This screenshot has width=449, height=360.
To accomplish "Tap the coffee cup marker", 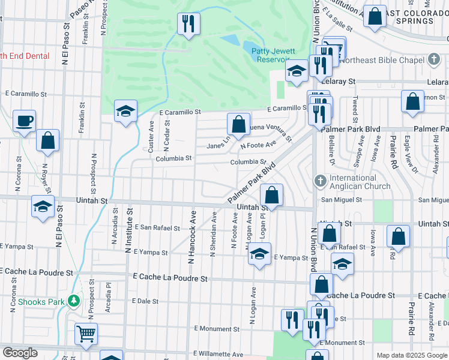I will pyautogui.click(x=24, y=121).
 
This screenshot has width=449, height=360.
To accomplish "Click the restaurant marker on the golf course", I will pyautogui.click(x=188, y=23).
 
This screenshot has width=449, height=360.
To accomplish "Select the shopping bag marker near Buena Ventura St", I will pyautogui.click(x=238, y=124).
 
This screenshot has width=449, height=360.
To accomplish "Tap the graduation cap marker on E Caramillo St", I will pyautogui.click(x=126, y=111).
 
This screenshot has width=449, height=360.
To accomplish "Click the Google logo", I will pyautogui.click(x=20, y=353).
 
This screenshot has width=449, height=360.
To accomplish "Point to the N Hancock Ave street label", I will pyautogui.click(x=193, y=236).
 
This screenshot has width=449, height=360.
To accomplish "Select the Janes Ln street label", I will pyautogui.click(x=218, y=145).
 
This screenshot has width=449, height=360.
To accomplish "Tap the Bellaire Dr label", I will pyautogui.click(x=332, y=149).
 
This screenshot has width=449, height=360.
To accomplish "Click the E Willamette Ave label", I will pyautogui.click(x=218, y=355).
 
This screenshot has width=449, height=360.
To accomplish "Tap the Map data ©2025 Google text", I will pyautogui.click(x=412, y=355).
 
